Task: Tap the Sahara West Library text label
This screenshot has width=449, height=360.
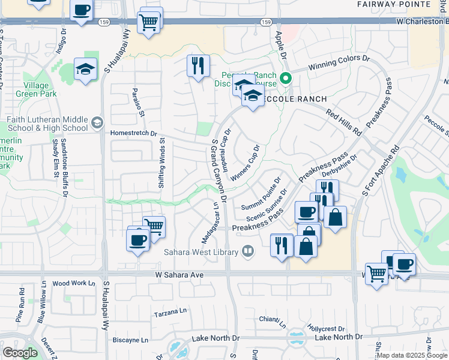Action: [202, 252]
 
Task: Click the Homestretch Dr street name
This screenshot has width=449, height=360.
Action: [133, 134]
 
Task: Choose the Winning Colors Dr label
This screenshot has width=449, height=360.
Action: [339, 62]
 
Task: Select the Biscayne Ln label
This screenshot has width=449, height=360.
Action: [130, 340]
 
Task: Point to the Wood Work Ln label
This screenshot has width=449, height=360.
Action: [74, 283]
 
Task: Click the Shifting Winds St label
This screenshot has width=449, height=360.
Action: [161, 165]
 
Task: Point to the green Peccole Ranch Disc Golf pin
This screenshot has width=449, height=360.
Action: [287, 77]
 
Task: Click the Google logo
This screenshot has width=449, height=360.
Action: [20, 353]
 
